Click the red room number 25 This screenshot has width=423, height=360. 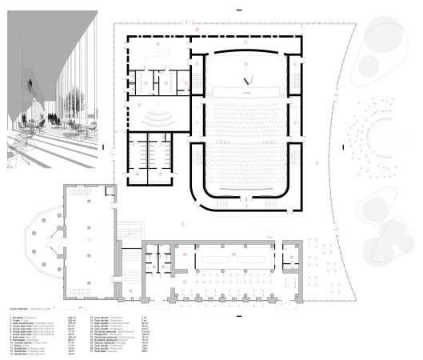[x=233, y=254]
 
